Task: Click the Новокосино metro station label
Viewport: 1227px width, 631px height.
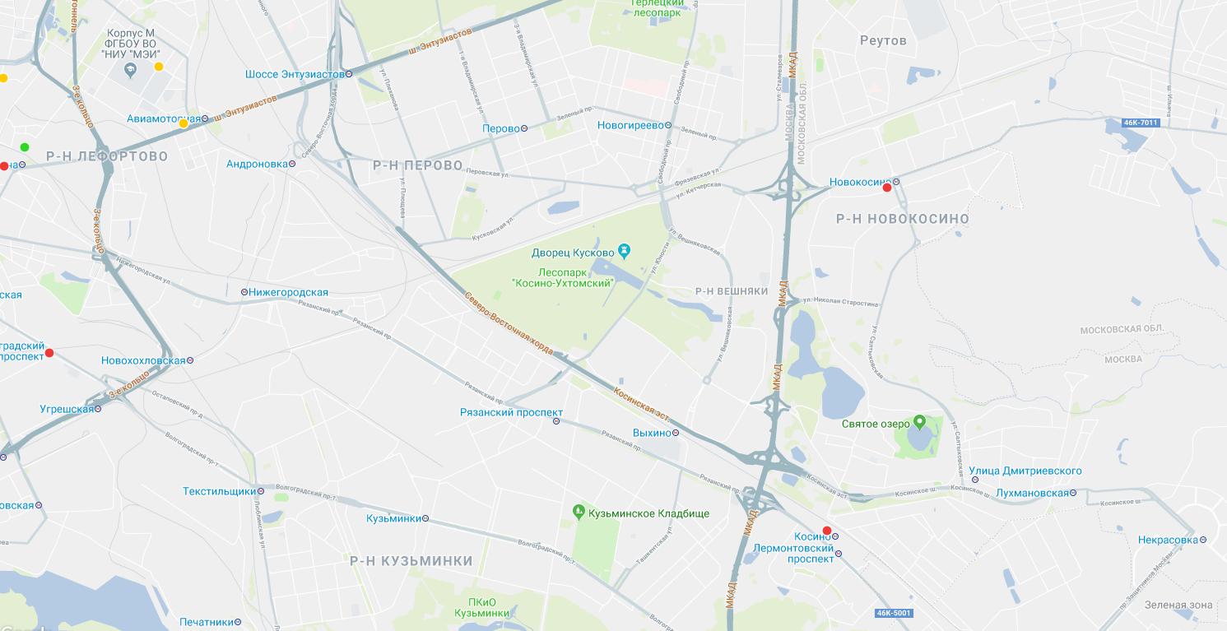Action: [860, 182]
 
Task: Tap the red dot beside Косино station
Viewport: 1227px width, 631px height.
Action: [827, 531]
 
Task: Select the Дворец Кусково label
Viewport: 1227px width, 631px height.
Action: [574, 253]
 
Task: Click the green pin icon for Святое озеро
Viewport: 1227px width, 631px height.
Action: [920, 423]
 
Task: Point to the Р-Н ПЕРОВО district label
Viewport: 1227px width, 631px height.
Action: [418, 165]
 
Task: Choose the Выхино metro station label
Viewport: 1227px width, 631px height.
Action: [652, 433]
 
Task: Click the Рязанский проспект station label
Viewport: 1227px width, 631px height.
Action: [511, 413]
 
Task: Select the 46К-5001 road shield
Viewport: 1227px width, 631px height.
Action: [894, 613]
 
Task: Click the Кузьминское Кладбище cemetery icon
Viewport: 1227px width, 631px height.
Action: [579, 513]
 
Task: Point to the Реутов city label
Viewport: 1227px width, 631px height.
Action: [883, 40]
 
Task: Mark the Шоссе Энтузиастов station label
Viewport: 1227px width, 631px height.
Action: [295, 74]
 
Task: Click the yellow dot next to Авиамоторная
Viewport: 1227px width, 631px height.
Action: [184, 123]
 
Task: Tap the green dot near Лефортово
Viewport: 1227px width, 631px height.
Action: [25, 147]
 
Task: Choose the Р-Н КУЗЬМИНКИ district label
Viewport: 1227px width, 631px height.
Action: [411, 561]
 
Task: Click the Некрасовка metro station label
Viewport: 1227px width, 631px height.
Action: [1168, 540]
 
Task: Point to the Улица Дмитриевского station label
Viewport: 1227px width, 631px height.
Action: [1025, 471]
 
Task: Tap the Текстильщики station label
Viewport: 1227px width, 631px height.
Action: [219, 491]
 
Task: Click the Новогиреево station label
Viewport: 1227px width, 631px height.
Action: [630, 125]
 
